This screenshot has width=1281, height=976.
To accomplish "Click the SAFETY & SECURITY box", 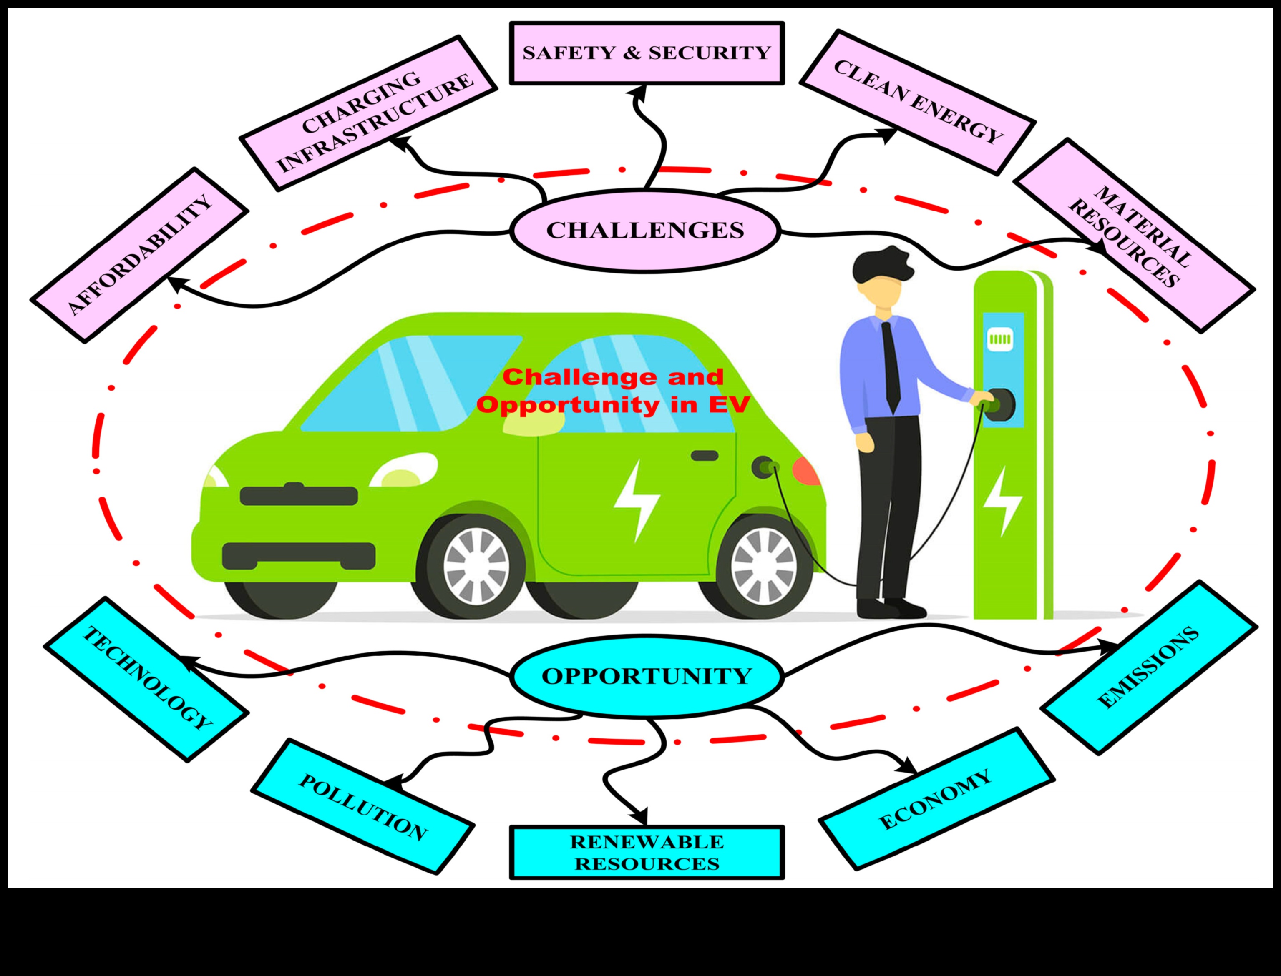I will point(646,53).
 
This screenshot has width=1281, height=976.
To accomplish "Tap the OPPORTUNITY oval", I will point(646,676).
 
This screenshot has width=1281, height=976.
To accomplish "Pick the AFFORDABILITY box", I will point(139,255).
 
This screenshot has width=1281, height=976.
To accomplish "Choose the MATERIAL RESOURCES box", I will point(1133,235).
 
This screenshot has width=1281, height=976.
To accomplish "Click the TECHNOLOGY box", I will point(146,679).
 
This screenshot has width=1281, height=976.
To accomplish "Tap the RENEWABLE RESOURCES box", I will point(646,852).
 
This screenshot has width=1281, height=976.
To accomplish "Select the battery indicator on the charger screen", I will point(1000,338).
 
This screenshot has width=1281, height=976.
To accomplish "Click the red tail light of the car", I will point(807,471).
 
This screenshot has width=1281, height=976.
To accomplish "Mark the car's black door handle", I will point(705,455).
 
